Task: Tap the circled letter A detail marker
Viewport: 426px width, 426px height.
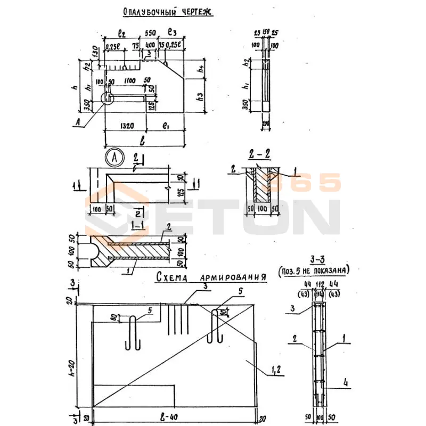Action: point(114,157)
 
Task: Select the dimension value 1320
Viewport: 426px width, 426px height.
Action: point(127,126)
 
